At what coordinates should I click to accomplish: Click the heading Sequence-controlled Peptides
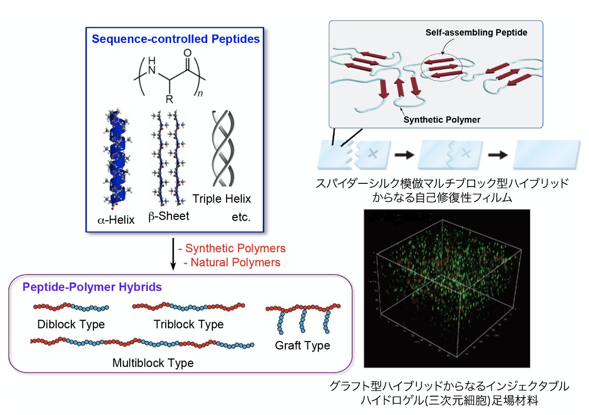pos(175,39)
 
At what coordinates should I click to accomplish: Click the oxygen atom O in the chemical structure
pos(187,52)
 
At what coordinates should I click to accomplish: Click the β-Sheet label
pos(168,216)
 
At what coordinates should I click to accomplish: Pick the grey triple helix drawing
pos(221,149)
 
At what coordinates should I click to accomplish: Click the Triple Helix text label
pos(221,199)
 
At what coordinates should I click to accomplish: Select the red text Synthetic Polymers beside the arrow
pos(233,248)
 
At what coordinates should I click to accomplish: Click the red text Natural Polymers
pos(232,262)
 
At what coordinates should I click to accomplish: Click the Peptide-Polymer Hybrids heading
pos(92,287)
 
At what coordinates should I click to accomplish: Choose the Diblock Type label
pos(71,324)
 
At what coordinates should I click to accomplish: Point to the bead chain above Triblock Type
pos(189,306)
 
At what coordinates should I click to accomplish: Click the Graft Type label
pos(302,346)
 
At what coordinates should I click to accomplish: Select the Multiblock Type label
pos(153,363)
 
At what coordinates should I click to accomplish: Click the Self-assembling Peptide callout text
pos(476,32)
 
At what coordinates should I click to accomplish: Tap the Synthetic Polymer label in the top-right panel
pos(442,119)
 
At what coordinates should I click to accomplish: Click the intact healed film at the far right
pos(546,154)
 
